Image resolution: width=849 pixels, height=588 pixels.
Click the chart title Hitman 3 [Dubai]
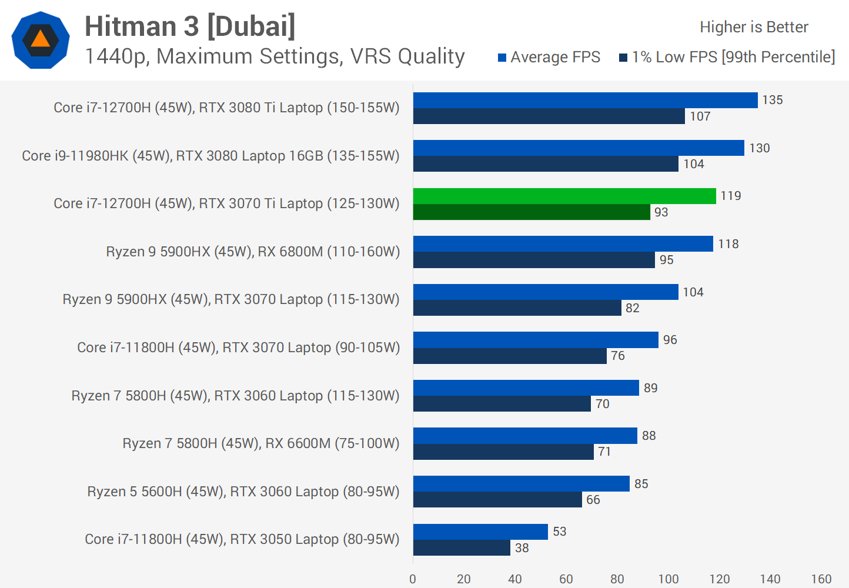190,26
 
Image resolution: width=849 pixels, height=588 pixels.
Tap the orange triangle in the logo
41,39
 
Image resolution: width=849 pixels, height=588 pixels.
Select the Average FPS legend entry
549,57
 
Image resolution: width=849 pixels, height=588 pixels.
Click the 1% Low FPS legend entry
727,57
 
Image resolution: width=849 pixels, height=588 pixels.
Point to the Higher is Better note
754,27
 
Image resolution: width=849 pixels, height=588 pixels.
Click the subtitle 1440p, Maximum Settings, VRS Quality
275,56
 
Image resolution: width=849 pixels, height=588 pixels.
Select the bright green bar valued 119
564,196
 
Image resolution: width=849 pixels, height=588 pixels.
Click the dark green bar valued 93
532,212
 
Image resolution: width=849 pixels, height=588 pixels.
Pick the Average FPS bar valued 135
585,101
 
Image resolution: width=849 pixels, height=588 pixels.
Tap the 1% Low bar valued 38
462,548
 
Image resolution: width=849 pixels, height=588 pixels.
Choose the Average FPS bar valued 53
480,532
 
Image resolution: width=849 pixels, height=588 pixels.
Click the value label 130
759,148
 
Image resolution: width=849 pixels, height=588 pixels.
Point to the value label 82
632,308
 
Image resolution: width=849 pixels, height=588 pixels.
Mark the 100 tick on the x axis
668,579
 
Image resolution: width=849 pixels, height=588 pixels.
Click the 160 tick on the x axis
821,579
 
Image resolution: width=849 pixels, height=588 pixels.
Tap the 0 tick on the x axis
413,579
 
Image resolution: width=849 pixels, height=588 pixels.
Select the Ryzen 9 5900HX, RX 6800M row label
253,252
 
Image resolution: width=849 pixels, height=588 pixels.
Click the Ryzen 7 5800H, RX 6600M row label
260,443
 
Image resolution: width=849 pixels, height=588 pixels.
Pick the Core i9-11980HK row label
210,156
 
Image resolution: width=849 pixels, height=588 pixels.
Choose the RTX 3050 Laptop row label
242,539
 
